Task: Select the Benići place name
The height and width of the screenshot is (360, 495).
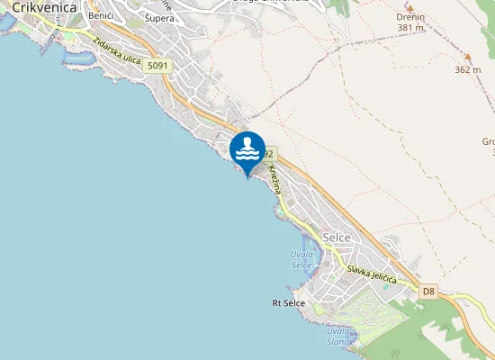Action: pos(100,17)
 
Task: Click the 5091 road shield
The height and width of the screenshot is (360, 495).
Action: pos(157,66)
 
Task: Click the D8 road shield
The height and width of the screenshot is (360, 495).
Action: pos(428,291)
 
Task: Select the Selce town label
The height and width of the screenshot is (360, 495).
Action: pos(336,236)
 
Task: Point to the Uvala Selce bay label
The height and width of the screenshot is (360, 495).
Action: pos(301,259)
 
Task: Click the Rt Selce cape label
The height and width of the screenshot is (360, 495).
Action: pos(288,303)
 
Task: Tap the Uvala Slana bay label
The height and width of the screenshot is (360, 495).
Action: pos(337,336)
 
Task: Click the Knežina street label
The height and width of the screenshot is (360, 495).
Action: pos(276,180)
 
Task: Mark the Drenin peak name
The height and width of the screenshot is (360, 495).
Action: pos(410,17)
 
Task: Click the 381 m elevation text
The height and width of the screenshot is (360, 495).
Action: pos(410,28)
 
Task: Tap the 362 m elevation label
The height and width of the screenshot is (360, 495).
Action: pos(468,69)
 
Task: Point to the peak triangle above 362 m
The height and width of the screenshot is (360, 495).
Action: pos(467,58)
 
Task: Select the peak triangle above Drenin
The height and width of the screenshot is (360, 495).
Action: pos(410,5)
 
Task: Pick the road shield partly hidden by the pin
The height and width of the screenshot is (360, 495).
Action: pos(269,154)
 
